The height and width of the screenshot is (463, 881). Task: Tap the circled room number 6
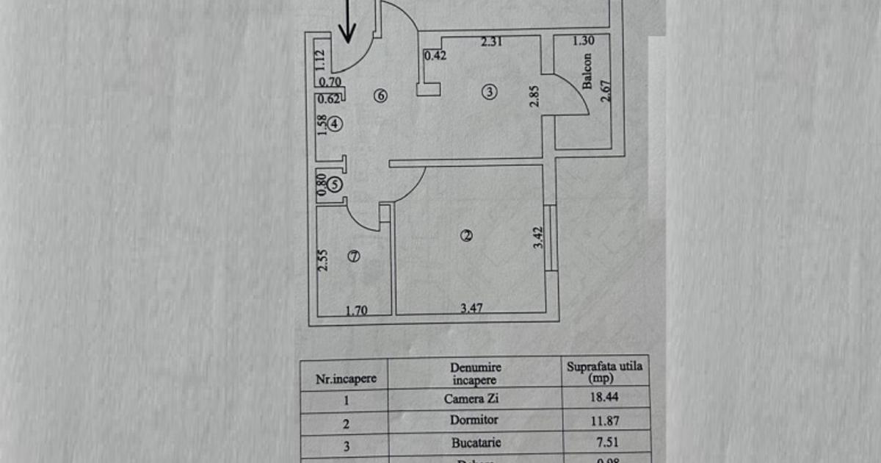tap(380, 95)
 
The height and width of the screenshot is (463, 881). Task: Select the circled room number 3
tap(489, 92)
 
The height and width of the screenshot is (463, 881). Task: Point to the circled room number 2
tap(466, 235)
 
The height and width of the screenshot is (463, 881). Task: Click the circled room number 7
tap(354, 256)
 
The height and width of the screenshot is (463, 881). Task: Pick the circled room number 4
tap(335, 124)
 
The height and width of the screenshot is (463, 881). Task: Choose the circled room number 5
tap(335, 184)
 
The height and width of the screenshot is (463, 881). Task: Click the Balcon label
tap(587, 71)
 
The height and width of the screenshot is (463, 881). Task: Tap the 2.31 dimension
tap(492, 43)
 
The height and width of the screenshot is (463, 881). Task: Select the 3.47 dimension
tap(471, 309)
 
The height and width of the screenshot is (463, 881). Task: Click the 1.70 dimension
tap(356, 310)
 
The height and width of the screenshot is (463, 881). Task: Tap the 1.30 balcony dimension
tap(583, 41)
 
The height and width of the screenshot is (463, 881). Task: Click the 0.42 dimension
tap(436, 54)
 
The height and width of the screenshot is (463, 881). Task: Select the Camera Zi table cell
tap(474, 400)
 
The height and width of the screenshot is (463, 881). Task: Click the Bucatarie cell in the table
tap(474, 443)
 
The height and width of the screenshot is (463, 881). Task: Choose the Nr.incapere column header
tap(346, 379)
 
